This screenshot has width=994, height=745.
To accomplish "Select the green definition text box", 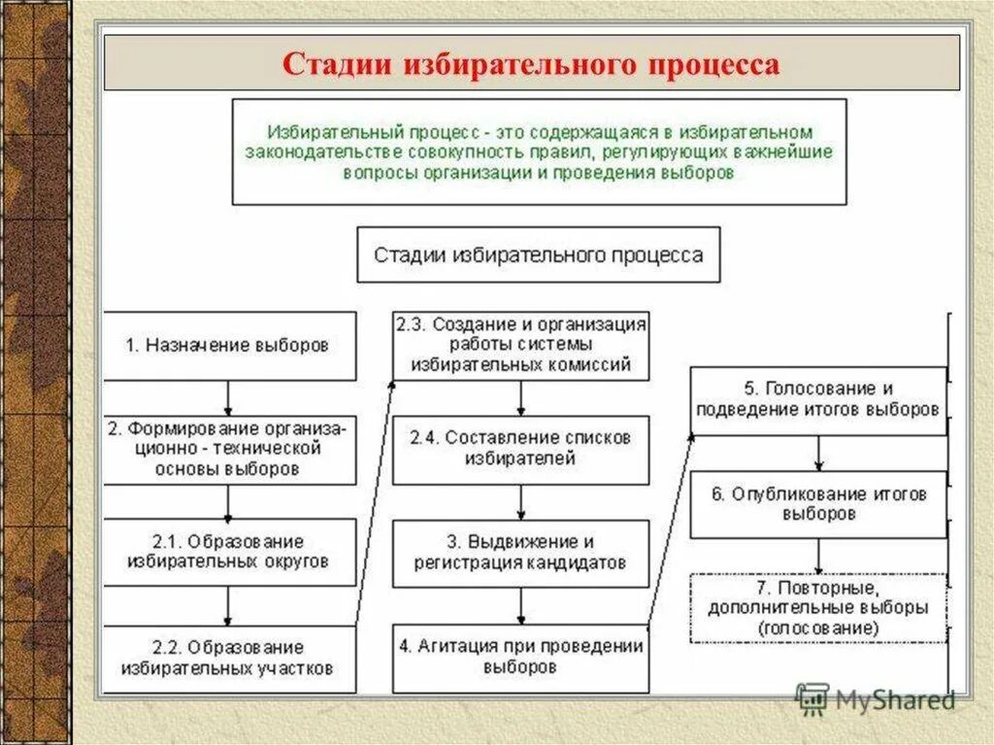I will [539, 152].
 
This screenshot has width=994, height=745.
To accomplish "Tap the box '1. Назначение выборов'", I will [229, 346].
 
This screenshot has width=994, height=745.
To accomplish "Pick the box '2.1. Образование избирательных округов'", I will [229, 552].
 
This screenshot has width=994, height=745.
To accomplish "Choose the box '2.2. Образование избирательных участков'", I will [229, 658].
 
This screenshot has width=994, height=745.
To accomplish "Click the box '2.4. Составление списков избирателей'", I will [520, 449].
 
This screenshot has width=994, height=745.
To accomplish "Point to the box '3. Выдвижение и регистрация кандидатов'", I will [520, 553].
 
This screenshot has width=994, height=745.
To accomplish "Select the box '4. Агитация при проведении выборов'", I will [520, 658].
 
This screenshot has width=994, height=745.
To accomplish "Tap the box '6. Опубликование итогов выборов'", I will [817, 504].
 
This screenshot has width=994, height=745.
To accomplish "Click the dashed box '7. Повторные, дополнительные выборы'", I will [817, 608].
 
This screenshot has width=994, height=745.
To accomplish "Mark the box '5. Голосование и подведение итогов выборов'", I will [817, 399].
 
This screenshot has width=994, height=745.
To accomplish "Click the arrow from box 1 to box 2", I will [228, 397].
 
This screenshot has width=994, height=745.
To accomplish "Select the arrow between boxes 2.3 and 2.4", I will [521, 397].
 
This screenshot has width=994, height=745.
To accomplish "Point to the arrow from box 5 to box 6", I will [818, 451].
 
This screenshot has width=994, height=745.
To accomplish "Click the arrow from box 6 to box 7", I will [818, 556].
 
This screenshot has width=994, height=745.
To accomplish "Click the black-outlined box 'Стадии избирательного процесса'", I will [539, 255].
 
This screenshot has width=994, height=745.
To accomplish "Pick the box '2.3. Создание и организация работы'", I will [520, 345].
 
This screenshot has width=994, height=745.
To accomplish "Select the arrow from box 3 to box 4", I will [521, 605].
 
